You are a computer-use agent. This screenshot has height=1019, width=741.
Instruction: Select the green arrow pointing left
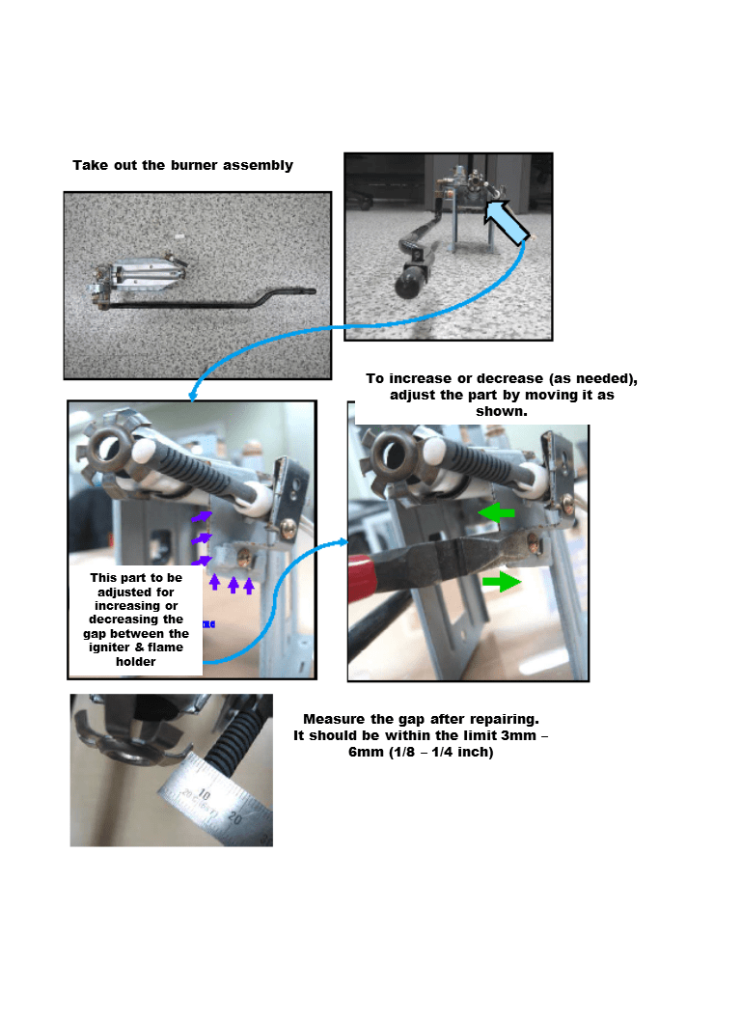tap(497, 512)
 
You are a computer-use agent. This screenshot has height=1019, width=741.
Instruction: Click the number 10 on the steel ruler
tap(205, 794)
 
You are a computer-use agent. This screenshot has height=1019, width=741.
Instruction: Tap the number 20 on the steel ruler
tap(235, 816)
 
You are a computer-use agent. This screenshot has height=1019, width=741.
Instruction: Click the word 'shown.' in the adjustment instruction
tap(502, 411)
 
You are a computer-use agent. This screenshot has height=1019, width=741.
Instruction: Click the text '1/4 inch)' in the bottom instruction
tap(463, 752)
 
